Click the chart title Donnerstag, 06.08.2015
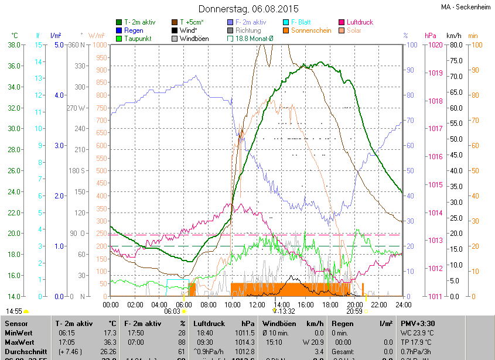[248, 9]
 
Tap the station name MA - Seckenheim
[467, 7]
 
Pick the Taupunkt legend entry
[138, 39]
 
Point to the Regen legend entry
[134, 30]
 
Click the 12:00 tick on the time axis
[257, 304]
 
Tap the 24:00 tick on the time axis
[402, 304]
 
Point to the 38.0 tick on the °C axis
[15, 45]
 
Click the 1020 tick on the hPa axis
[435, 45]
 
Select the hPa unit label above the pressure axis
[431, 36]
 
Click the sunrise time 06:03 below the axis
[172, 311]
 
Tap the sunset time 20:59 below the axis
[354, 311]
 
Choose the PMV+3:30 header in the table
[417, 323]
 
